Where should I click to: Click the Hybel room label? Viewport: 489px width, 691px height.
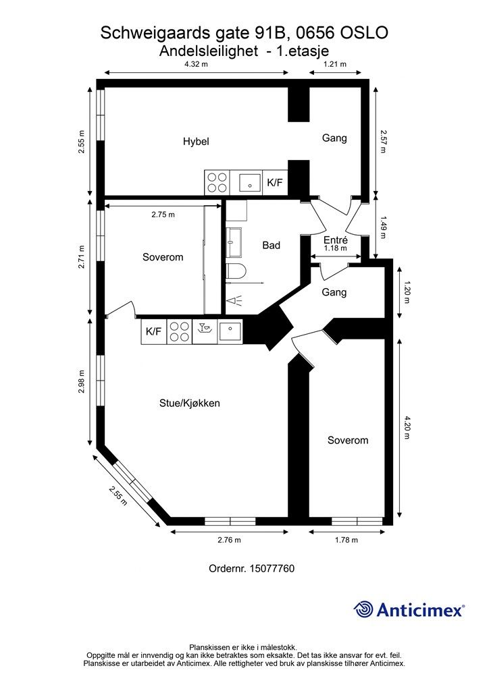pyautogui.click(x=196, y=142)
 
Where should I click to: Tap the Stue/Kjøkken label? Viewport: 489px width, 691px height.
pyautogui.click(x=190, y=404)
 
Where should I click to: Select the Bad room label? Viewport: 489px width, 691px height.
pyautogui.click(x=271, y=246)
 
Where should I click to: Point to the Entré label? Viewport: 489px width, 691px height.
pyautogui.click(x=335, y=240)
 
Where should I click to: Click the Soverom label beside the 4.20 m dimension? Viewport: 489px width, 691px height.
pyautogui.click(x=348, y=441)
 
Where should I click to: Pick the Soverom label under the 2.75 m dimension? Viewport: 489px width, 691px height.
pyautogui.click(x=163, y=257)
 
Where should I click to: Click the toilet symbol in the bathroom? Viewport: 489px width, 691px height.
pyautogui.click(x=235, y=273)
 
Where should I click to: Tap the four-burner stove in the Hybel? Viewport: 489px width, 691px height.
pyautogui.click(x=217, y=181)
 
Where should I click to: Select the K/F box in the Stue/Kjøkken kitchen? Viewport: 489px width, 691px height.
pyautogui.click(x=154, y=331)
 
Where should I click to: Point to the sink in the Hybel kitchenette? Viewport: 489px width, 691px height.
pyautogui.click(x=250, y=181)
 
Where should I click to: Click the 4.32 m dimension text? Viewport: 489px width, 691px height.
pyautogui.click(x=196, y=65)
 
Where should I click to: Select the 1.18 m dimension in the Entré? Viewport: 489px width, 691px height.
pyautogui.click(x=335, y=248)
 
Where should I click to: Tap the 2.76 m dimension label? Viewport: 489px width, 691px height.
pyautogui.click(x=230, y=540)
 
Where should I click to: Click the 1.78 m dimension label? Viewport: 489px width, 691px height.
pyautogui.click(x=346, y=540)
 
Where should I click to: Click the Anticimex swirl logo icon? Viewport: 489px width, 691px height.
pyautogui.click(x=363, y=609)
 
